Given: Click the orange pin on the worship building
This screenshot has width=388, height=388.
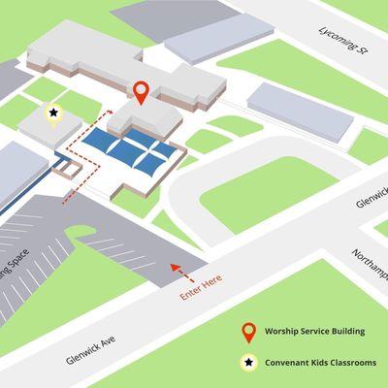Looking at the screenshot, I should coord(141,93).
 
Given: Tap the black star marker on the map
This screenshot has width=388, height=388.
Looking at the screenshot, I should coord(52,113).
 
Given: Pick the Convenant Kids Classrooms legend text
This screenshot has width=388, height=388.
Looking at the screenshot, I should coord(317,364).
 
